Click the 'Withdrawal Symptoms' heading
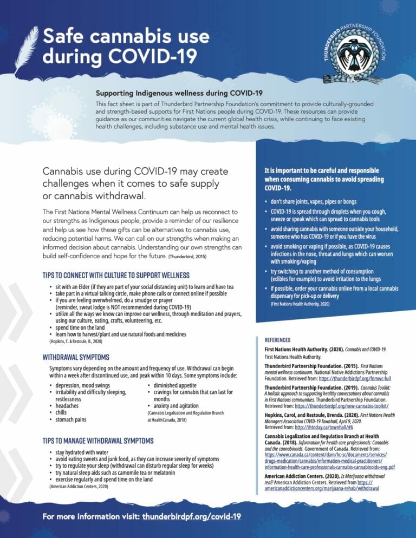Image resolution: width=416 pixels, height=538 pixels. tap(75, 357)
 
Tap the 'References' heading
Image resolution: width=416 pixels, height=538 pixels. tap(277, 340)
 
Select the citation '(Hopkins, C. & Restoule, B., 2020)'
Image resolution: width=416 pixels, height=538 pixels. tap(73, 342)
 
